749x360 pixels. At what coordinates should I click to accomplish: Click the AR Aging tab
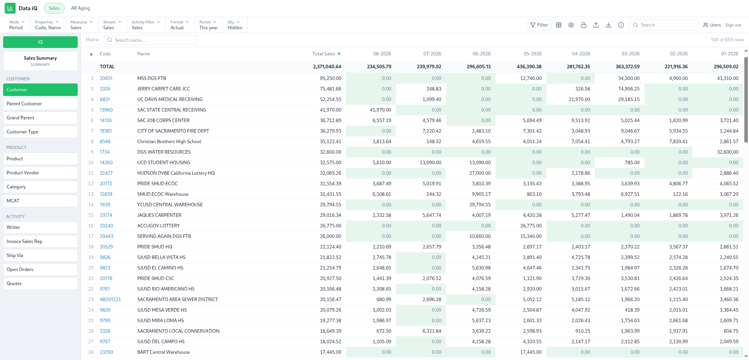click(x=80, y=8)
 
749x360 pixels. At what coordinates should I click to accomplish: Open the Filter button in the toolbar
click(x=539, y=25)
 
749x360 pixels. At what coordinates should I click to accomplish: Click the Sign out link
click(x=733, y=25)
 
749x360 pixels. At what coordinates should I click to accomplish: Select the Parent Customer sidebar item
click(x=40, y=104)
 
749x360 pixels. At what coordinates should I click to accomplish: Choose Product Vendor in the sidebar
click(x=40, y=173)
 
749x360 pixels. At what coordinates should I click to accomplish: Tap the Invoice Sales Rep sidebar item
click(x=40, y=241)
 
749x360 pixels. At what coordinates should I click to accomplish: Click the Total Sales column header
click(x=324, y=54)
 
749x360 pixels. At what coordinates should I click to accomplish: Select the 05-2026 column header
click(x=532, y=54)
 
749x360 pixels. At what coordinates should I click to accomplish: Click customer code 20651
click(x=106, y=78)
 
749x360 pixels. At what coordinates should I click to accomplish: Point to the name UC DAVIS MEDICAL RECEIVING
click(x=170, y=99)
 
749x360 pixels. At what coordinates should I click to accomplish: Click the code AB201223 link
click(x=110, y=300)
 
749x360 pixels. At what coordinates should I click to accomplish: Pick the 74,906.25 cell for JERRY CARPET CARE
click(x=626, y=89)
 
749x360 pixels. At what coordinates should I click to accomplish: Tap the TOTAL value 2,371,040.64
click(x=327, y=67)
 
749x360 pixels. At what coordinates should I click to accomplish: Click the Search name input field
click(x=151, y=40)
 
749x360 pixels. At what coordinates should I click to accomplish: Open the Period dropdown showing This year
click(x=208, y=25)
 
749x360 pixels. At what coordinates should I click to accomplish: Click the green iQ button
click(x=40, y=42)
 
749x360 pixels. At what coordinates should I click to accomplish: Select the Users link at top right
click(x=712, y=25)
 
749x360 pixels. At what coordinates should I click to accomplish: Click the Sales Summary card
click(x=40, y=61)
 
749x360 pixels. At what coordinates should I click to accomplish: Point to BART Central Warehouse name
click(x=163, y=352)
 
